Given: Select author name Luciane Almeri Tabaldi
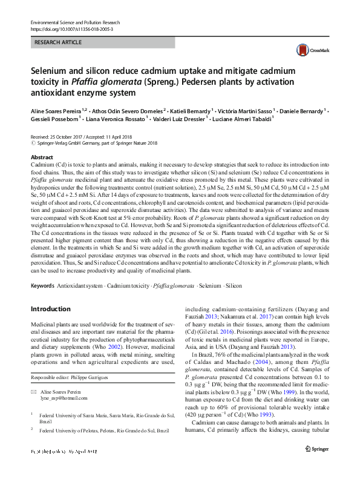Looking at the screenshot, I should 242,119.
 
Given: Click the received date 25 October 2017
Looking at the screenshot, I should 72,138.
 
